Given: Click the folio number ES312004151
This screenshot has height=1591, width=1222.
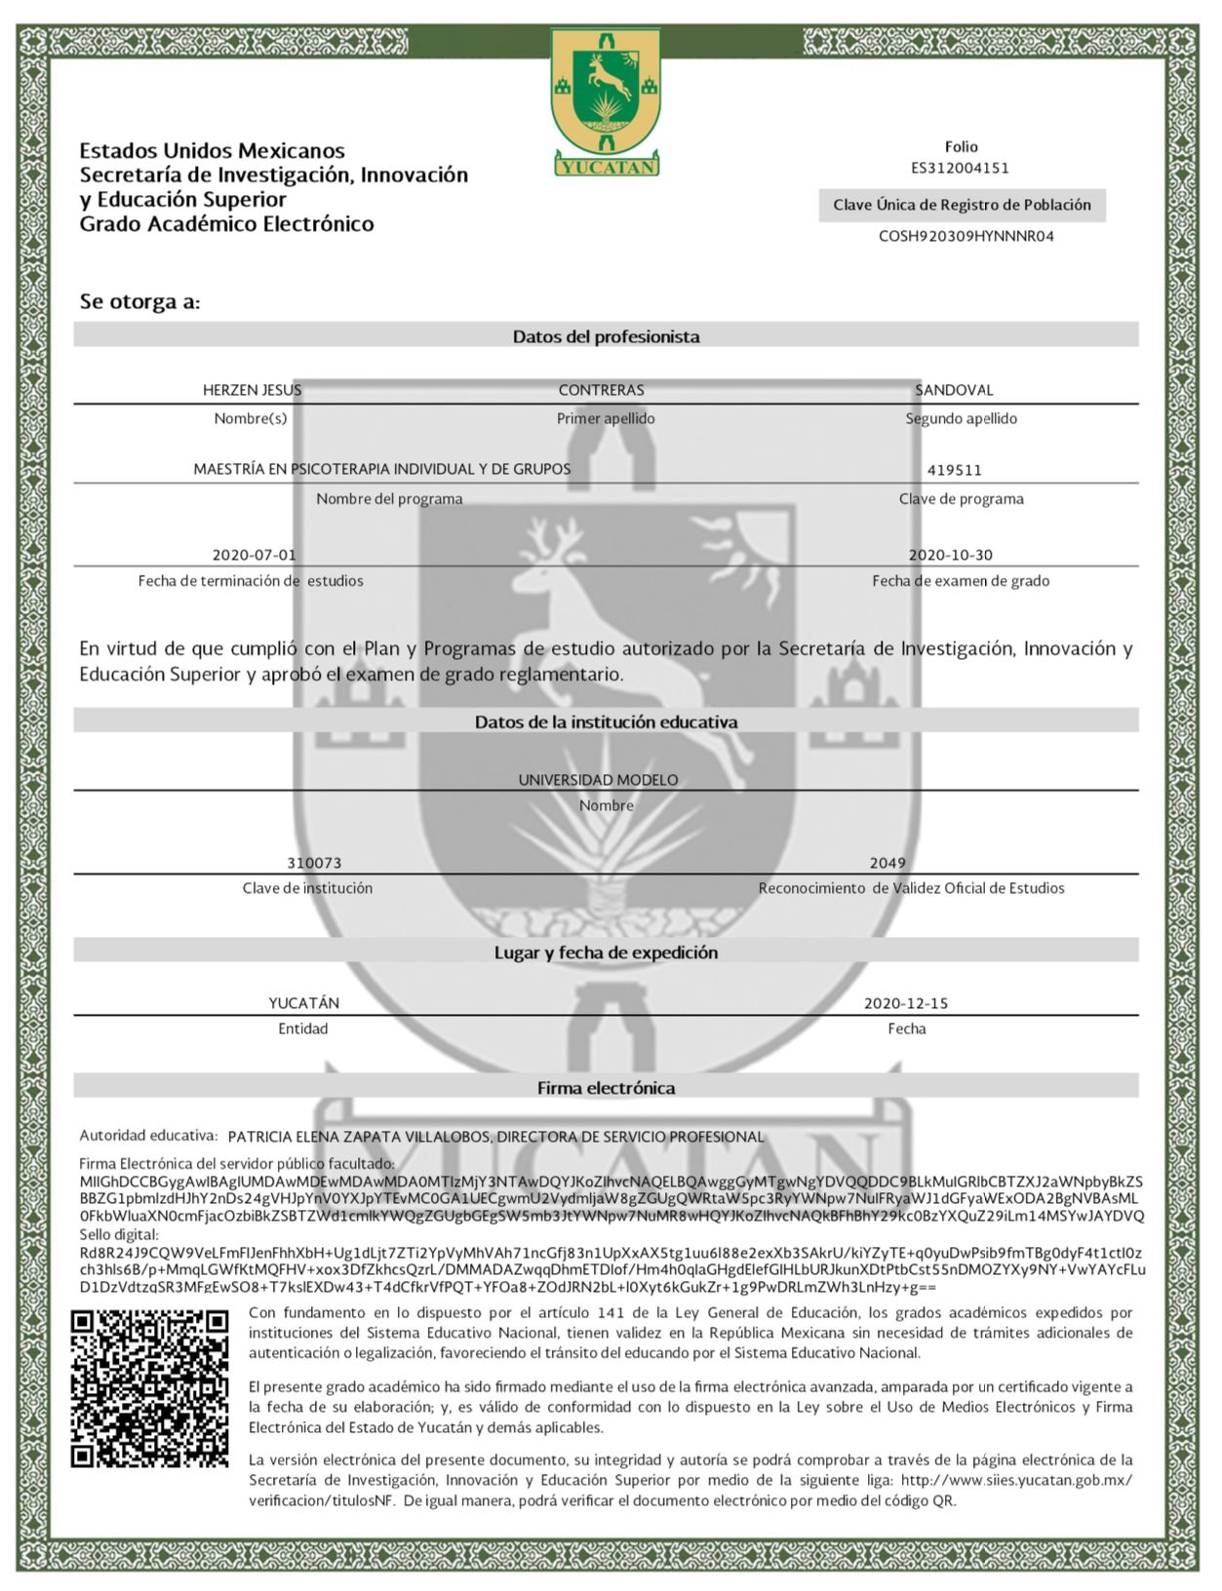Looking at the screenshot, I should [960, 168].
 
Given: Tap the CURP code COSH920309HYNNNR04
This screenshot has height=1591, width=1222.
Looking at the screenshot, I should [966, 236].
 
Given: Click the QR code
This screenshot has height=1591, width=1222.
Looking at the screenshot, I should [149, 1389].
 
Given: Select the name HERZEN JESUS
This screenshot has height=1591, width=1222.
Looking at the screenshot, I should [252, 390].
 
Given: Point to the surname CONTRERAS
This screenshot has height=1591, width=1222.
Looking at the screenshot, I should [601, 390].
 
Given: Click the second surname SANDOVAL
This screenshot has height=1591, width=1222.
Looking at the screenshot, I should [954, 390].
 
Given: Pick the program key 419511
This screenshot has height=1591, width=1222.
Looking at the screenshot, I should [954, 470].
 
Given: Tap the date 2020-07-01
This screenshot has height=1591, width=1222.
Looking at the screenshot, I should [254, 555].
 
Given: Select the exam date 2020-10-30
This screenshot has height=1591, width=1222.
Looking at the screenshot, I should [950, 555].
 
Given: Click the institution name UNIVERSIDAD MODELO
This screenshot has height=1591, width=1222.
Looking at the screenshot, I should [598, 780].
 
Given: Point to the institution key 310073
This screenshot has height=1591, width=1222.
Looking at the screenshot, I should [314, 863].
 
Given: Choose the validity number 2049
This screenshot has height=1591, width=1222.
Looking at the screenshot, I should [887, 863].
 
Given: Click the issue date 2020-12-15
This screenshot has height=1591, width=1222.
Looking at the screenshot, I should [905, 1003].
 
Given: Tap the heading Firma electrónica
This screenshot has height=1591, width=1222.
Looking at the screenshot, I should [606, 1088].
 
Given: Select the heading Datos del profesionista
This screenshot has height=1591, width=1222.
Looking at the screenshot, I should [606, 336].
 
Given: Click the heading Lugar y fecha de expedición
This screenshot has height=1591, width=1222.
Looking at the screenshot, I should [606, 952].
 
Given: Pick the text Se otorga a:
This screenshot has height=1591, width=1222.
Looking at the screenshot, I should [139, 301].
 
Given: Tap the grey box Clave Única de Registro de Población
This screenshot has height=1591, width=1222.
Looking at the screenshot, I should [962, 205].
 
